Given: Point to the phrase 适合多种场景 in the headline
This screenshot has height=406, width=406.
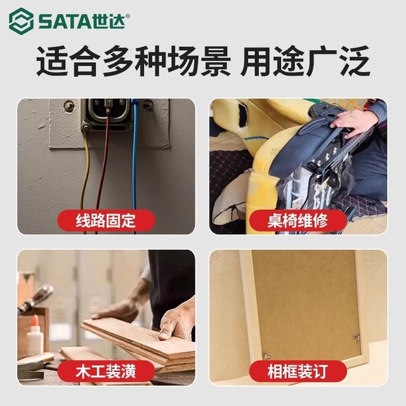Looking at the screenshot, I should pyautogui.click(x=130, y=63).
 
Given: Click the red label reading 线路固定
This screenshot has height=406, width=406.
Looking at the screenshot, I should pyautogui.click(x=107, y=220).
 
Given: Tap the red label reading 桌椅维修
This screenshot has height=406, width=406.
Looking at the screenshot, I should pyautogui.click(x=298, y=220).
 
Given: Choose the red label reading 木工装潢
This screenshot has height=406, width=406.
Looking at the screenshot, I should pyautogui.click(x=107, y=370).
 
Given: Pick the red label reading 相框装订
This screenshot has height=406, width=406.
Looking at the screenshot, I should pyautogui.click(x=298, y=370).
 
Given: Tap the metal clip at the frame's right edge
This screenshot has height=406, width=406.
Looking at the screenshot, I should pyautogui.click(x=356, y=336).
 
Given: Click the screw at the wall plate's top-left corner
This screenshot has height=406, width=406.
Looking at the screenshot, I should pyautogui.click(x=69, y=106).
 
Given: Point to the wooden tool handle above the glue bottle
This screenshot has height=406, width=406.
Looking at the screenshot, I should pyautogui.click(x=38, y=298).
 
